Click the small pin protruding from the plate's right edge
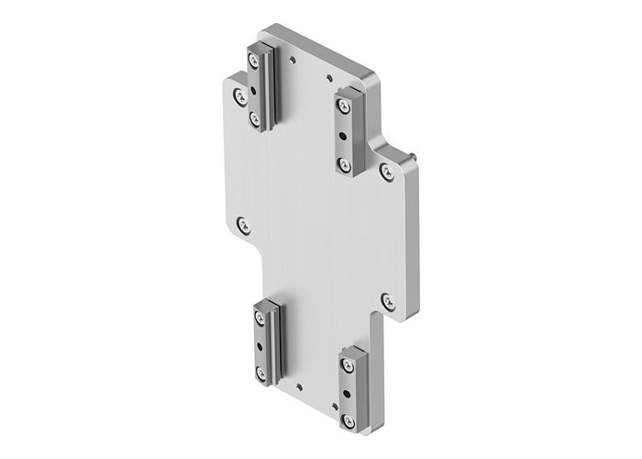[x=415, y=158]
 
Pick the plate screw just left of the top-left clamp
[x=238, y=94]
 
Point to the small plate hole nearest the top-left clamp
[x=292, y=62]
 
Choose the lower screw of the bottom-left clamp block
[x=263, y=371]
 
